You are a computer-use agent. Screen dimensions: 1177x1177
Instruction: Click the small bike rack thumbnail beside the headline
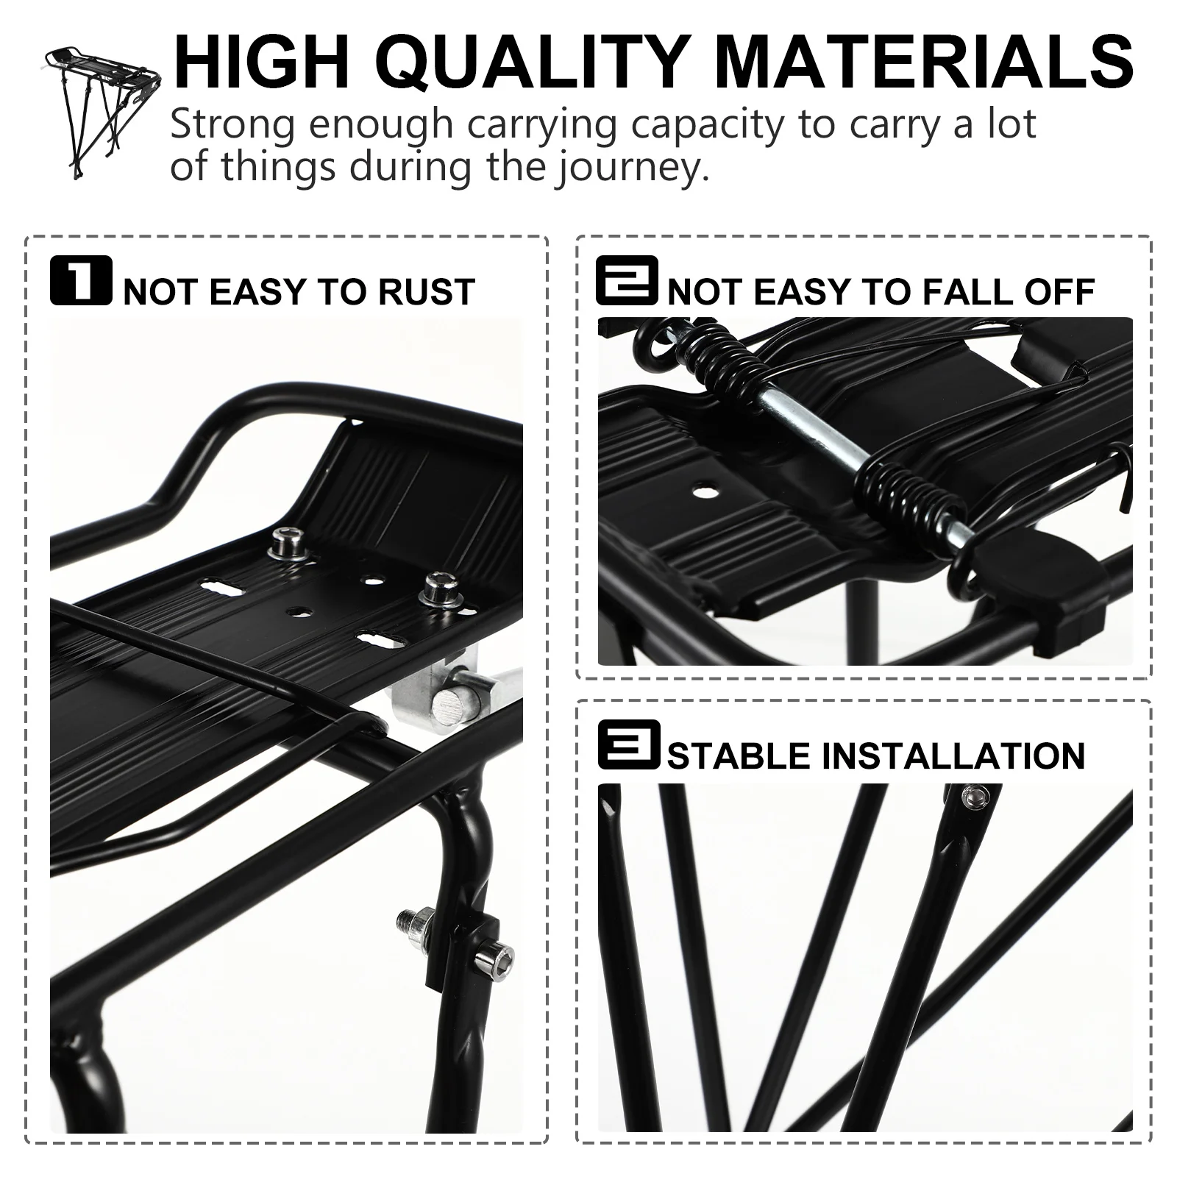(103, 110)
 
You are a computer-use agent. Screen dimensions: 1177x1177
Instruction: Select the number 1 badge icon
(81, 280)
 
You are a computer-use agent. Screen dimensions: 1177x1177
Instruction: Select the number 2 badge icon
(627, 280)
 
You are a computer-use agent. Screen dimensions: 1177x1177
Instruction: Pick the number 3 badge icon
(628, 744)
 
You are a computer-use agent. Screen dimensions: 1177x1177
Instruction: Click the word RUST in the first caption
(426, 292)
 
